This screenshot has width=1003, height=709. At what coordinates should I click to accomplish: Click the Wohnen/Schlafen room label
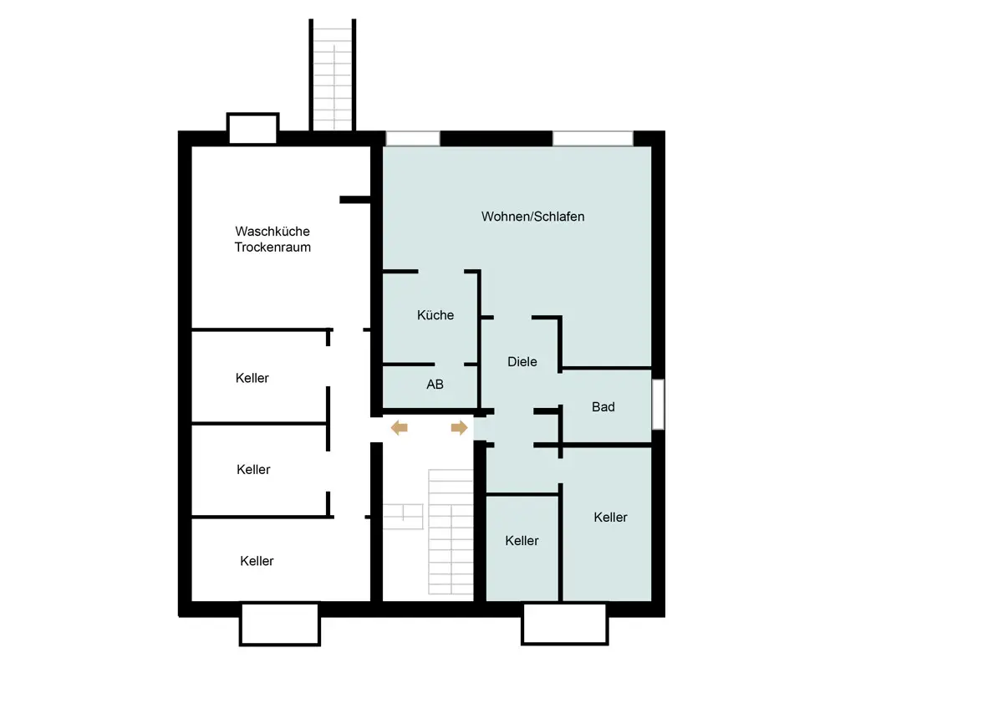pos(533,217)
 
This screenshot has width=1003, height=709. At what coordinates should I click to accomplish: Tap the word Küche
pos(435,315)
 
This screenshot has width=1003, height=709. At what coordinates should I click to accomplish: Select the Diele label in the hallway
pos(522,361)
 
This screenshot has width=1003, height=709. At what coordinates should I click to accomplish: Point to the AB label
pos(435,385)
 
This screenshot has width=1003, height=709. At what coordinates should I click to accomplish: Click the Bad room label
pos(603,406)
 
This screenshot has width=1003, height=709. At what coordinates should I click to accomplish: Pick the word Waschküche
pos(272,231)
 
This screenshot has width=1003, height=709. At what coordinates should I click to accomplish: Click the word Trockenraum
pos(272,247)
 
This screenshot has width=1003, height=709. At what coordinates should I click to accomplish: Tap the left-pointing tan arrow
pos(399,428)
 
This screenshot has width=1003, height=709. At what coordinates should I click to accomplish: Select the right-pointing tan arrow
pos(460,428)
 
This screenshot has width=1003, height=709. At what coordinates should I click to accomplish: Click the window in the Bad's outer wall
pos(658,405)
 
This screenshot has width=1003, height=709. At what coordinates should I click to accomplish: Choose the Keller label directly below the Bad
pos(610,518)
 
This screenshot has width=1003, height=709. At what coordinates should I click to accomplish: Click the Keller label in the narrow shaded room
pos(522,541)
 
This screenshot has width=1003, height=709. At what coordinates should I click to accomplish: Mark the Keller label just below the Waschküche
pos(252,378)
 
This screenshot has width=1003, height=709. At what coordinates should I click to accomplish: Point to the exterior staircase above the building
pos(333,74)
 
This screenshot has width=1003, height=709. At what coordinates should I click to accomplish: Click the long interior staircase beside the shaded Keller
pos(451,532)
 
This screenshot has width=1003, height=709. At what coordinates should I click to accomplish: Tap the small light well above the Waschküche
pos(253,128)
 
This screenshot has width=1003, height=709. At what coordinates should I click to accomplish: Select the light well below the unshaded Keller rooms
pos(280,624)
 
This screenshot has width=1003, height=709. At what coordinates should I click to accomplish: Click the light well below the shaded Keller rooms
pos(565,624)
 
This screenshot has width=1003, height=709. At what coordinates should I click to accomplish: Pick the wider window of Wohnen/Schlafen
pos(593,139)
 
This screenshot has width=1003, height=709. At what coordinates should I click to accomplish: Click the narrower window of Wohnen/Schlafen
pos(413,139)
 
